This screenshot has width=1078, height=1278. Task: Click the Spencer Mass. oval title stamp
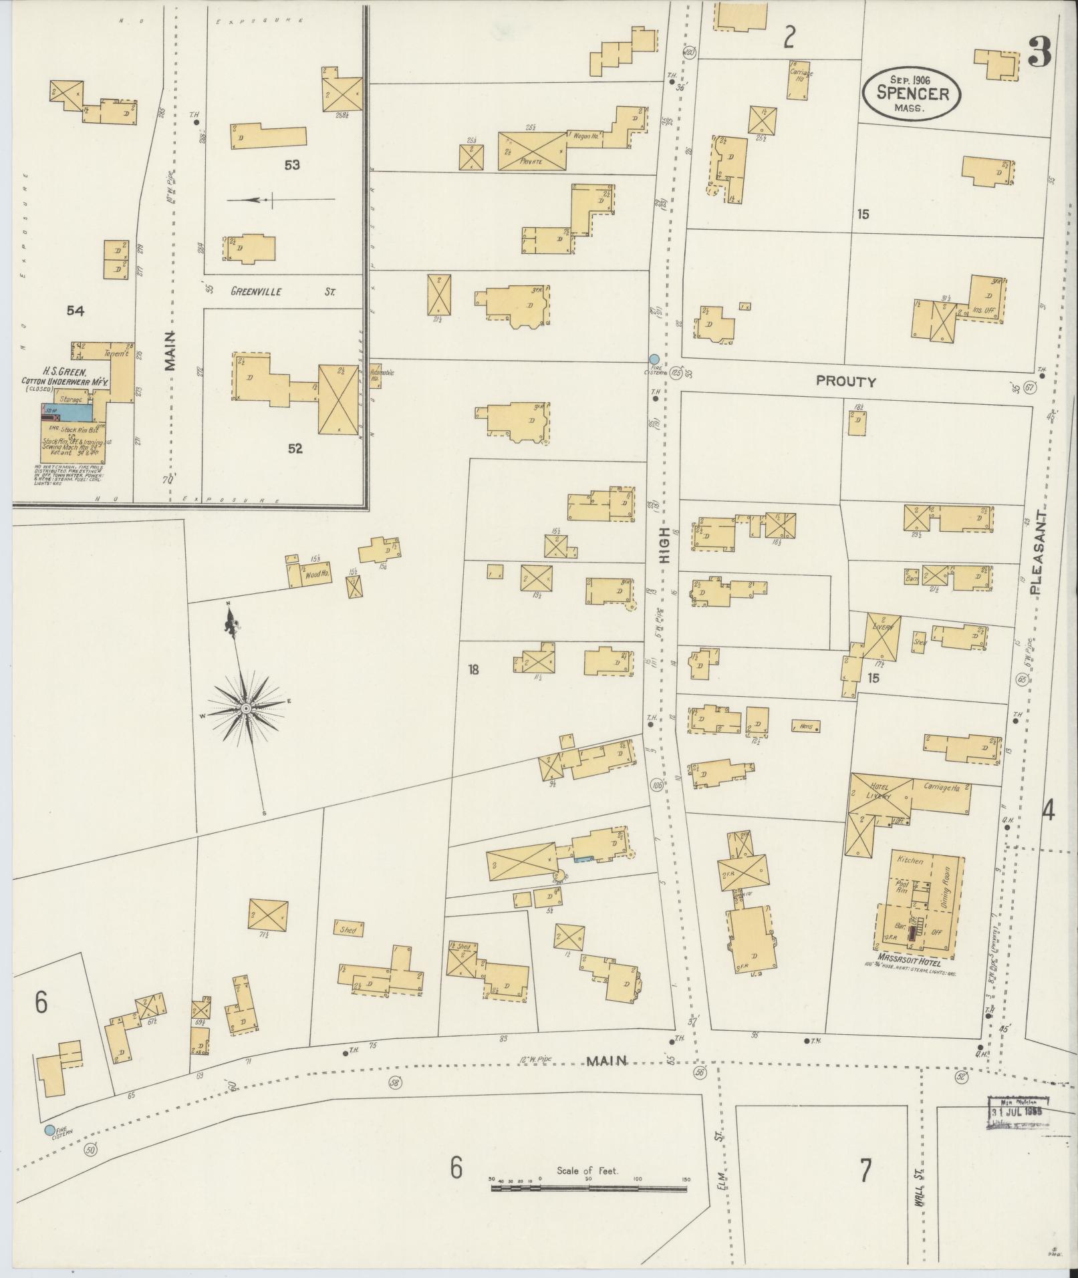coord(912,94)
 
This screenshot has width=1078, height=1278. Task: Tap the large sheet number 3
coord(1041,52)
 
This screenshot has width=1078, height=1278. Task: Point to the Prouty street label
coord(845,381)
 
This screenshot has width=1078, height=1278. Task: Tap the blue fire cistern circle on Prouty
coord(654,359)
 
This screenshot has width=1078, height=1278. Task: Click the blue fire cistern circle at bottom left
coord(49,1130)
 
